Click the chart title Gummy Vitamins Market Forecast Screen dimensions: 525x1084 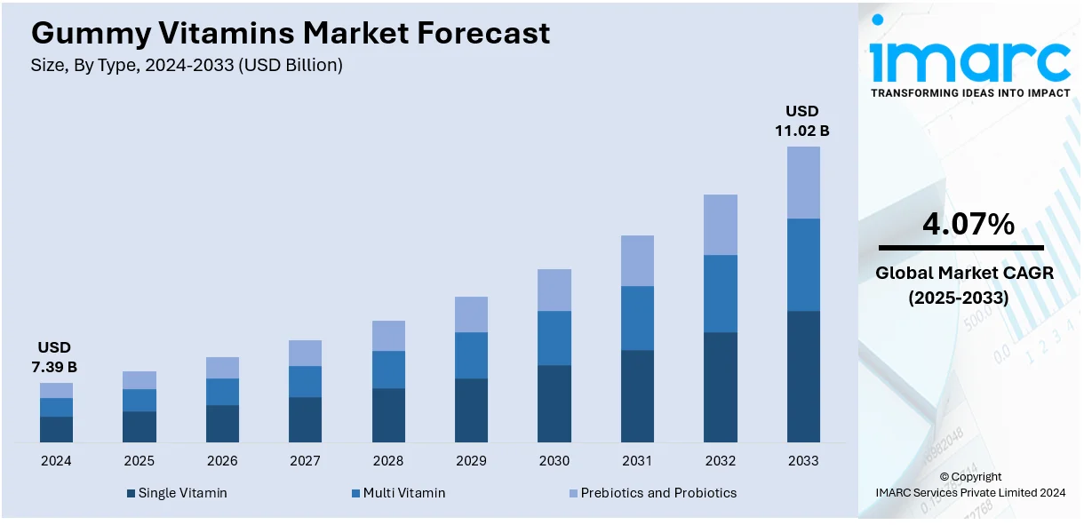[291, 33]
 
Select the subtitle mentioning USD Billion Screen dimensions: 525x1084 [187, 65]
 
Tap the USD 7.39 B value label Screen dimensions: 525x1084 [56, 356]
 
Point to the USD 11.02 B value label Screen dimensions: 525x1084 [801, 121]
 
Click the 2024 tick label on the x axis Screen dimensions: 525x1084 [56, 461]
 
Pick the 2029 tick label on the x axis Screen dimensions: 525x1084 [471, 461]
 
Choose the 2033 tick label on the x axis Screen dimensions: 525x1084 [803, 461]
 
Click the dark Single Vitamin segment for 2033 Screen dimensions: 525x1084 [803, 376]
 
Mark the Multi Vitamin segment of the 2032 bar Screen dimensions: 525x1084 [720, 293]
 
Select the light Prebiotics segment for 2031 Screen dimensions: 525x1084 [637, 260]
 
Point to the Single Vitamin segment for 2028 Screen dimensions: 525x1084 [388, 415]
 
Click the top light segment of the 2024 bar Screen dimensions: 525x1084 [56, 390]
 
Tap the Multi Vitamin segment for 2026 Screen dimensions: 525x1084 [222, 392]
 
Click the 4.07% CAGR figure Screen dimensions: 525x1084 [968, 225]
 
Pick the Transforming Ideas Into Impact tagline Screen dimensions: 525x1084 [969, 92]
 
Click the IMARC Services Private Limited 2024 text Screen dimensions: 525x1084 [969, 492]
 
